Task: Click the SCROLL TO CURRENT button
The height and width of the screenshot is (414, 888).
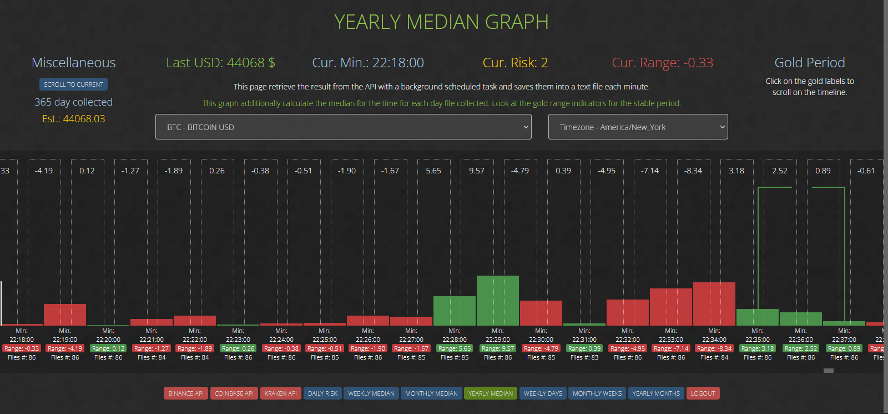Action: [73, 84]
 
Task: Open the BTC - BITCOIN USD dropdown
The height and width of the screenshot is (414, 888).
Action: [343, 127]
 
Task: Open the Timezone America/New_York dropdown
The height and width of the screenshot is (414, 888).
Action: [638, 127]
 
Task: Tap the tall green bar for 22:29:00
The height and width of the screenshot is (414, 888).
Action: [498, 300]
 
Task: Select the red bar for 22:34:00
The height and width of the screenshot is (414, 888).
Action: [714, 303]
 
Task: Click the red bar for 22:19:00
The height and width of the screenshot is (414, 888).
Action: [65, 315]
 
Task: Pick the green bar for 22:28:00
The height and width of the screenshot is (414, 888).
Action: [455, 311]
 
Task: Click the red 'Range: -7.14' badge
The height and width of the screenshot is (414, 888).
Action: [671, 348]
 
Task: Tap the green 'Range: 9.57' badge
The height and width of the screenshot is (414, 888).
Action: [498, 348]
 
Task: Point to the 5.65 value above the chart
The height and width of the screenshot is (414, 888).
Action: [433, 171]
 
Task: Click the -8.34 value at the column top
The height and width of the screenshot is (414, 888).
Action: [693, 171]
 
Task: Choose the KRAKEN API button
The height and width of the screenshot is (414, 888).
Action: [280, 393]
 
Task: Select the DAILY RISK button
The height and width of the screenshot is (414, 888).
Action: [322, 393]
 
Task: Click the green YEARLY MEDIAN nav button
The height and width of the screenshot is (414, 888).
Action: [491, 393]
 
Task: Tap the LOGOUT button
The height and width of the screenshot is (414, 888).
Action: [703, 393]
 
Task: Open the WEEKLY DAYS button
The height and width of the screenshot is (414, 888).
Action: [543, 393]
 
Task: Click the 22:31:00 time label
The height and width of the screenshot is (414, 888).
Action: [584, 340]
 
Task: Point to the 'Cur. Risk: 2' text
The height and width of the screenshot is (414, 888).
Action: [515, 63]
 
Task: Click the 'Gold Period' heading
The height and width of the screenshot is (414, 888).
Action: [810, 63]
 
